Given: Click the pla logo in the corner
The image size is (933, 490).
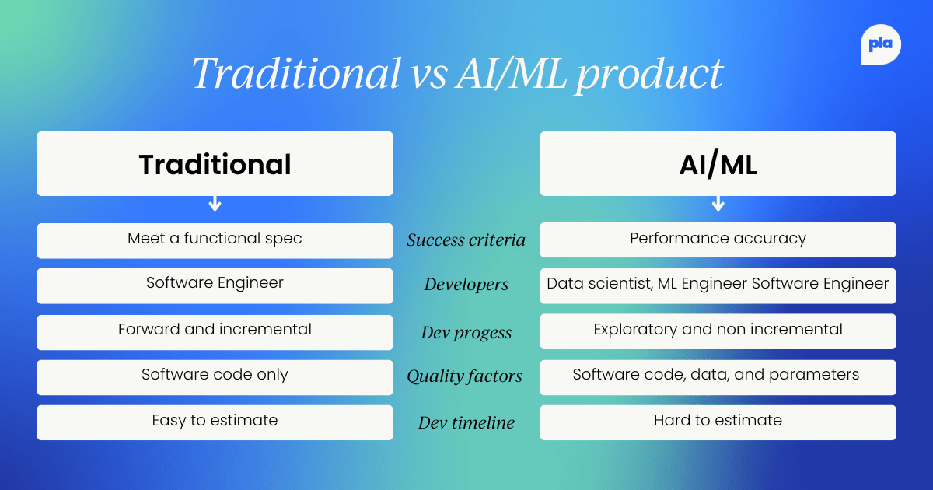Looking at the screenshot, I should pos(880,45).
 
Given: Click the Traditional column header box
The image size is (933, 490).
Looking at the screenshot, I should pos(215,163).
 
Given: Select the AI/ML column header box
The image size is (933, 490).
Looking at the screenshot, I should pos(718,163).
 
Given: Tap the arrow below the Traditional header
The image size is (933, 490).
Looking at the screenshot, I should pos(215,205).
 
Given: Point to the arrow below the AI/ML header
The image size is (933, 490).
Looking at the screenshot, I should pos(718,205).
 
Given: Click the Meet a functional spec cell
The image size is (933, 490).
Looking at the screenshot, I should pos(215,240).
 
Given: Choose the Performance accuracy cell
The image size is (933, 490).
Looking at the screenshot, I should pos(718,239).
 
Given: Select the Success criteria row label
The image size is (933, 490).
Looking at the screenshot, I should pos(466,240).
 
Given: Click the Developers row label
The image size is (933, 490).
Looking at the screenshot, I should pos(466,285).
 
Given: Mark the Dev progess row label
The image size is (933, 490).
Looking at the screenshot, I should pos(466,333).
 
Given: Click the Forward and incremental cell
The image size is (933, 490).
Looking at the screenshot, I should pos(215,331).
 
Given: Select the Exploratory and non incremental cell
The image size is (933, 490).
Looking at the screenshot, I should pos(718,331).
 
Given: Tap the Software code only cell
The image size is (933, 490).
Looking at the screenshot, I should pos(215,376).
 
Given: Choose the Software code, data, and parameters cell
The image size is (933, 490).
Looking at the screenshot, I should pos(718,376).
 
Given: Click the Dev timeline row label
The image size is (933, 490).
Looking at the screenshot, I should pos(466,423).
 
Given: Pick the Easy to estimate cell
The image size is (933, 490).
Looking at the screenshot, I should pos(215,422).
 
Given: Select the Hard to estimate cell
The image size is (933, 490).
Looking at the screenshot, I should pos(718,422).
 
